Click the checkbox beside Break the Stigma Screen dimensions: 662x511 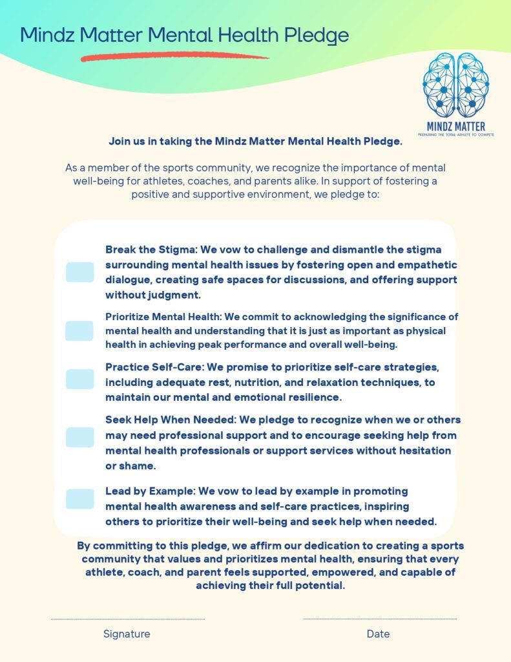[x=79, y=272]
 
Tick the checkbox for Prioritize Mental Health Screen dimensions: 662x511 [x=79, y=331]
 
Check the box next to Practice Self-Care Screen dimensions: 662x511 [x=79, y=379]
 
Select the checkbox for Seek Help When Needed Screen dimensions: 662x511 [x=79, y=437]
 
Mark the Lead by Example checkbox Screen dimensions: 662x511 [x=79, y=498]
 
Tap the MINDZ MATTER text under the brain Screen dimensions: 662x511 [x=455, y=126]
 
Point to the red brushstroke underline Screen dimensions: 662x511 [x=174, y=58]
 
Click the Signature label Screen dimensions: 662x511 [x=127, y=634]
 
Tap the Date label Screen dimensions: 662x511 [x=378, y=634]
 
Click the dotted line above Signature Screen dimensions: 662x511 [x=127, y=619]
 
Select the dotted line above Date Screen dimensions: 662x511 [x=380, y=619]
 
